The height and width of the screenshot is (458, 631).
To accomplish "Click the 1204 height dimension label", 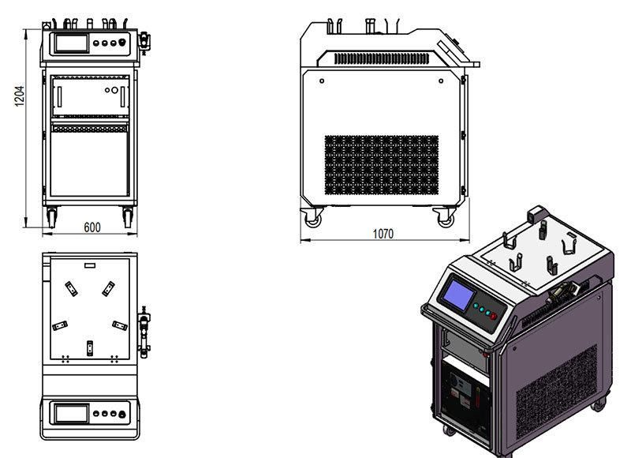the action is (x=19, y=96).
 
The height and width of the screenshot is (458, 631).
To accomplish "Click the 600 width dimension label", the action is (x=91, y=227).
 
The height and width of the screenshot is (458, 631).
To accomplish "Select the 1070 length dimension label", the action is (x=383, y=234).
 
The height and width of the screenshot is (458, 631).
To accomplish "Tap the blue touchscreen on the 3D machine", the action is (x=459, y=295).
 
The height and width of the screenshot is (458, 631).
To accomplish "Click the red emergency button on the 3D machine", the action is (x=494, y=316).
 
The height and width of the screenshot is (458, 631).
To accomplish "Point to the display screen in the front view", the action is (x=71, y=43).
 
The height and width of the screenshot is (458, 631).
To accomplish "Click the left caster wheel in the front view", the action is (x=51, y=217).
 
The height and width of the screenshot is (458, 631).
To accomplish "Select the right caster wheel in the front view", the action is (x=128, y=217).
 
